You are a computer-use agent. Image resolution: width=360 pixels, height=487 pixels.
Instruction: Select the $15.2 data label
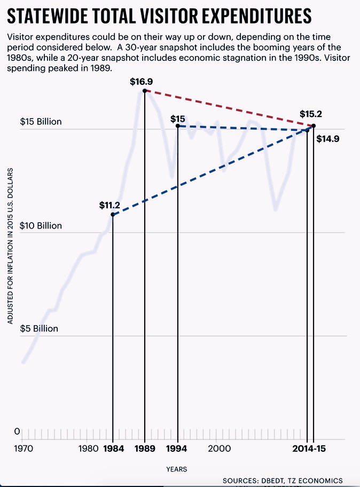pos(311,114)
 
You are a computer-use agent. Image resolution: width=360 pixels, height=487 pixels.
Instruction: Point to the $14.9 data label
pos(327,139)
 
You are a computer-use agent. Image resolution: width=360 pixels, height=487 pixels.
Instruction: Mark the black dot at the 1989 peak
pos(145,91)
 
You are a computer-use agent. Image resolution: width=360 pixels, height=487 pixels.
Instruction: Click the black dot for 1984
pos(113,215)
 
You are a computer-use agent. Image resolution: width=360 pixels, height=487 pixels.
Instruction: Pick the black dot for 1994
pos(177,126)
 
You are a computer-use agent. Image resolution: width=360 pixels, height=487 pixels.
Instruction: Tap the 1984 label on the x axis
pos(113,449)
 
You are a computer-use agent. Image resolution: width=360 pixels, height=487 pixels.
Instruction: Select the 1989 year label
pos(145,449)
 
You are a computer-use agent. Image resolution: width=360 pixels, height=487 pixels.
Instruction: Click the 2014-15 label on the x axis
pos(310,449)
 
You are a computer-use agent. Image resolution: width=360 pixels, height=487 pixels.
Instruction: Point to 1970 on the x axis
pos(24,449)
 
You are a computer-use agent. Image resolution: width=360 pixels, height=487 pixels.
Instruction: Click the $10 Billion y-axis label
pos(41,226)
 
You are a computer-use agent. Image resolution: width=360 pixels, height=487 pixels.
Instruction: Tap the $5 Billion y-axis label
pos(38,329)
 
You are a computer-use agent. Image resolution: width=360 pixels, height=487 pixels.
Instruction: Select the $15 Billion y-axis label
pos(41,122)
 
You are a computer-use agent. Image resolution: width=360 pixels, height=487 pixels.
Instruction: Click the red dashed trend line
pos(230,108)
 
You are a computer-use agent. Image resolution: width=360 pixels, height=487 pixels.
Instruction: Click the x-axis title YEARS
pos(176,469)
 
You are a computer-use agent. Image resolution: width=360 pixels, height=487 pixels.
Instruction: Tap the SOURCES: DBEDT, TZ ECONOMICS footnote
pos(283,481)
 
